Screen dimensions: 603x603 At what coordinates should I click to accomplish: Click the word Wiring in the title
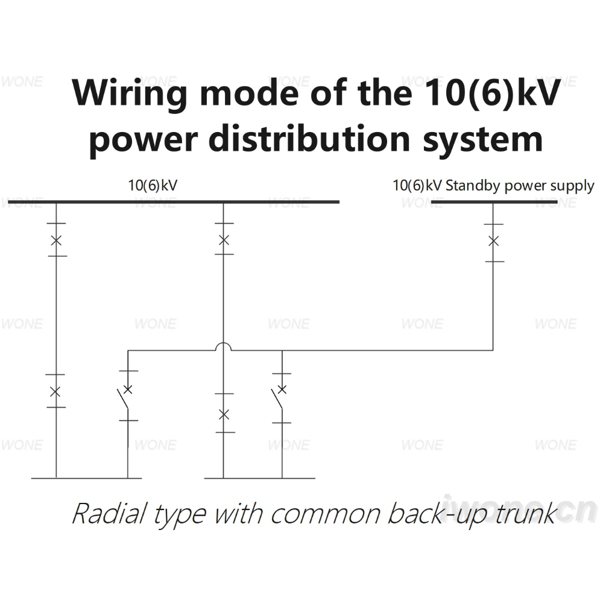(x=130, y=93)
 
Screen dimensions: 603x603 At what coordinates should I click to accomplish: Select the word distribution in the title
(x=309, y=139)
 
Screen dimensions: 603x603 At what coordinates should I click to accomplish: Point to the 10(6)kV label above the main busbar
(x=153, y=185)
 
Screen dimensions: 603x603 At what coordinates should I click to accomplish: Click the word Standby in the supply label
(x=473, y=186)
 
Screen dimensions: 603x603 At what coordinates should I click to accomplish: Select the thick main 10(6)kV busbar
(x=174, y=201)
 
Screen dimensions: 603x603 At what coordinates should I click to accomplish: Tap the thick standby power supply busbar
(x=494, y=201)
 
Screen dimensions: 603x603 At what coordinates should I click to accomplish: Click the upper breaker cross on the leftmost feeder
(x=56, y=241)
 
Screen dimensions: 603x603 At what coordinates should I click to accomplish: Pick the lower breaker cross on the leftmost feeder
(x=55, y=392)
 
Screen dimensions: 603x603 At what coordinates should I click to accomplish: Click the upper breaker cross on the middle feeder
(x=224, y=241)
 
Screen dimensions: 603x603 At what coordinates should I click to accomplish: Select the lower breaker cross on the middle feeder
(x=224, y=415)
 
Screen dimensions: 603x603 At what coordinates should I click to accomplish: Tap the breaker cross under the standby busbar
(x=493, y=241)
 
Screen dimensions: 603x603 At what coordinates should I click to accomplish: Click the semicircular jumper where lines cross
(x=224, y=343)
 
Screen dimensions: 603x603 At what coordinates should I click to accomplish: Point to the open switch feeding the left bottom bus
(x=124, y=399)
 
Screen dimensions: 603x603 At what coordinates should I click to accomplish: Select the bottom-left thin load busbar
(x=86, y=478)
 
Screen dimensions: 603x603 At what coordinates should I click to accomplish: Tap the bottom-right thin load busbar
(x=260, y=478)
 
